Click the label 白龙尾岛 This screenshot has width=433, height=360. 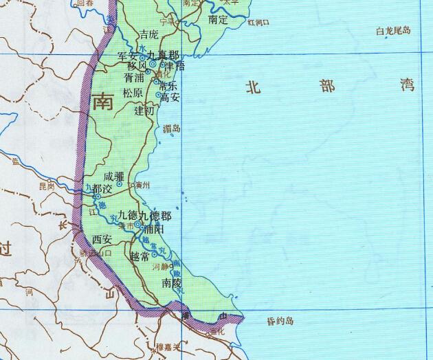click(393, 31)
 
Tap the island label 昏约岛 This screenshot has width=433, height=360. click(280, 321)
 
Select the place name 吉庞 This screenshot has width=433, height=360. click(148, 34)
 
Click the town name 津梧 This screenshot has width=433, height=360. click(171, 66)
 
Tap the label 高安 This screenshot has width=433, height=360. click(170, 98)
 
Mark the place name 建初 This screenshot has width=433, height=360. click(145, 110)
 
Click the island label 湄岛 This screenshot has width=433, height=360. click(172, 128)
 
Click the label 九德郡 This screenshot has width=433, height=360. click(155, 215)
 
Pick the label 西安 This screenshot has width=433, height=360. click(102, 240)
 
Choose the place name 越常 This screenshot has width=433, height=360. click(140, 256)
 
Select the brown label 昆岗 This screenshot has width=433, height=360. click(46, 185)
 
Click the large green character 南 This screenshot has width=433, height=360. click(102, 103)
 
